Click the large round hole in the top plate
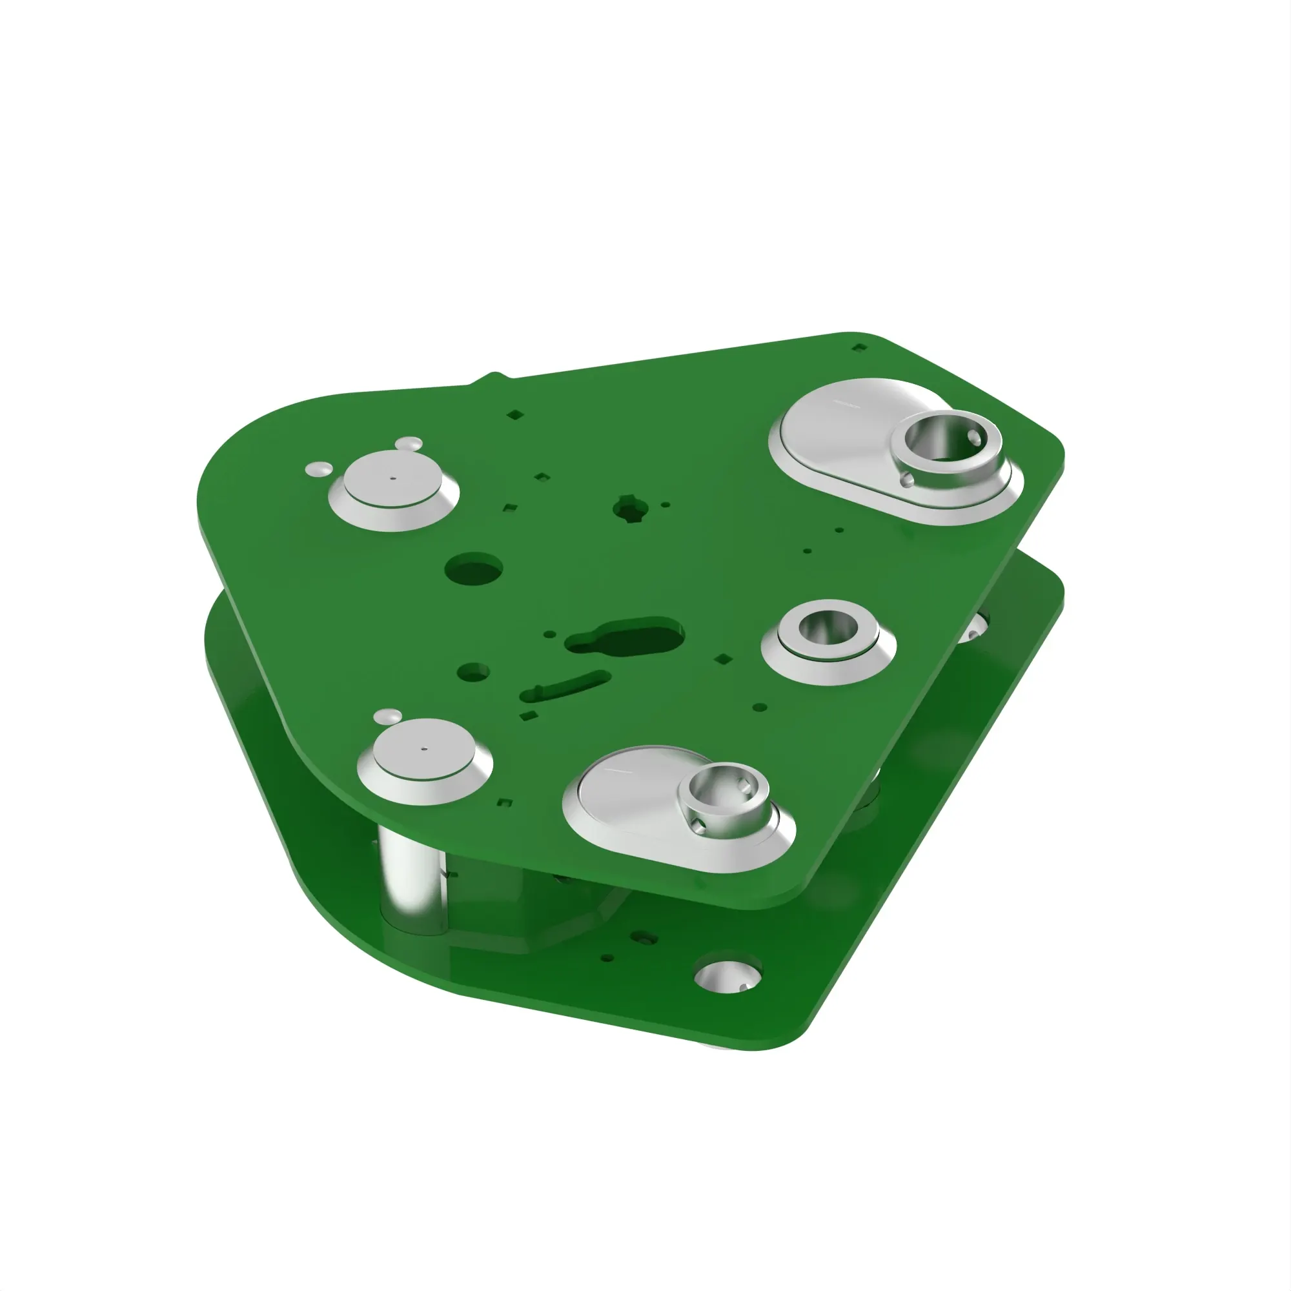click(473, 569)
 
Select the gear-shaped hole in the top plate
click(628, 509)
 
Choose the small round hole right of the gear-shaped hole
click(666, 505)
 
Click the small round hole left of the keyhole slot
click(549, 634)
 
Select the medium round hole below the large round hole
click(473, 671)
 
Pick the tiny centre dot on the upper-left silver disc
click(393, 478)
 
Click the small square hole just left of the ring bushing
click(722, 660)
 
